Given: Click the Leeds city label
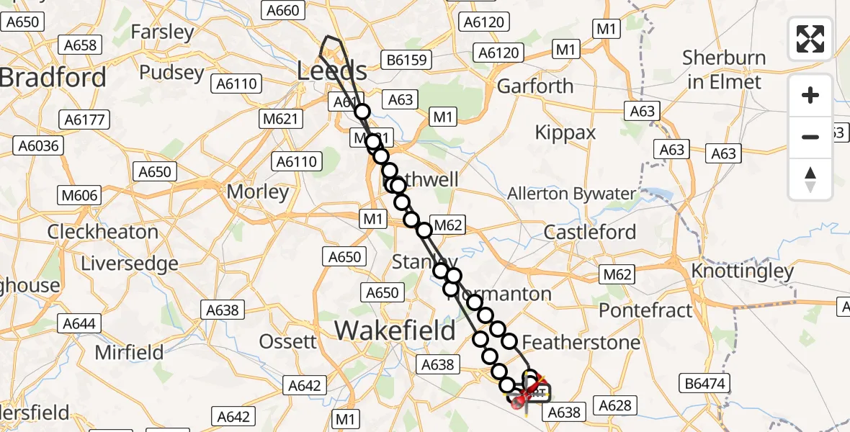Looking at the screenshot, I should point(332,71).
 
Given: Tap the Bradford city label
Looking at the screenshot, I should point(53,78).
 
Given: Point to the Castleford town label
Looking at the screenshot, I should point(590,233).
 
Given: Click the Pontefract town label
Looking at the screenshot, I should point(645,310).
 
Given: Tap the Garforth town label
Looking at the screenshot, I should point(535,86).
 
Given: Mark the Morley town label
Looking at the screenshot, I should point(257,192).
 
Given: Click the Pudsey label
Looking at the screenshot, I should point(171,73).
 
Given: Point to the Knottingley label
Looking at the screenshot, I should point(742,271).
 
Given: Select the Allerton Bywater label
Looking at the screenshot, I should point(572,194).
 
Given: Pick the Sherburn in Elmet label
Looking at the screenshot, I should point(722,70).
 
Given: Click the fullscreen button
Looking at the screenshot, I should point(810,39).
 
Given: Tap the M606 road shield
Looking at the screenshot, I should point(80,195).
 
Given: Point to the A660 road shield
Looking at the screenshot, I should point(282,11).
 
